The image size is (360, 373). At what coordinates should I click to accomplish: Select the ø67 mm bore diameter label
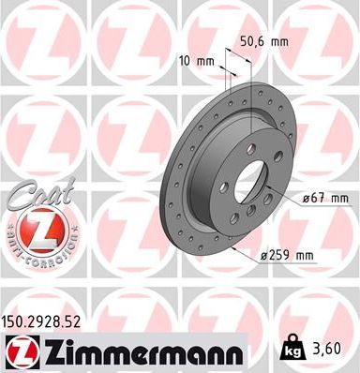pyautogui.click(x=324, y=198)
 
